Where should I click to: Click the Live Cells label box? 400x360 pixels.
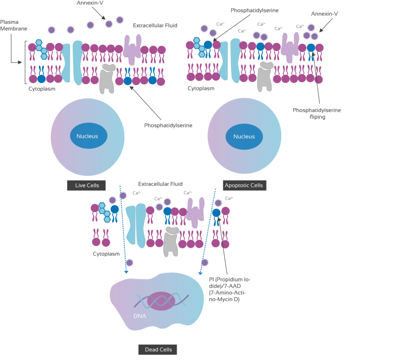(87, 185)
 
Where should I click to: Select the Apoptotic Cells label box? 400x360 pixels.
(244, 185)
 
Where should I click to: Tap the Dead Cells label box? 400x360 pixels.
(158, 349)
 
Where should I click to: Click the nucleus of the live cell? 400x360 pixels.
(87, 136)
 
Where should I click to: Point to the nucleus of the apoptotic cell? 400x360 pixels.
(244, 137)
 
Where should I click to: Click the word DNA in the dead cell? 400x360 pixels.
(139, 316)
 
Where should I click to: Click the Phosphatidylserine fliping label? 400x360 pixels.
(317, 114)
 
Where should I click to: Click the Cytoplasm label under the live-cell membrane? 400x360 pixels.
(42, 89)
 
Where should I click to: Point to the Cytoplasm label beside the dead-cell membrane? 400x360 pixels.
(106, 254)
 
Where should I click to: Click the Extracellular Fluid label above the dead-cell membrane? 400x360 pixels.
(161, 184)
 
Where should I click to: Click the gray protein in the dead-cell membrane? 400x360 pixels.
(170, 240)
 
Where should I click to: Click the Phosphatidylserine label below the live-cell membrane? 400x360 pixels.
(168, 125)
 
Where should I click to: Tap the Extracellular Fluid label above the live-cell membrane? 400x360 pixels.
(155, 26)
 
